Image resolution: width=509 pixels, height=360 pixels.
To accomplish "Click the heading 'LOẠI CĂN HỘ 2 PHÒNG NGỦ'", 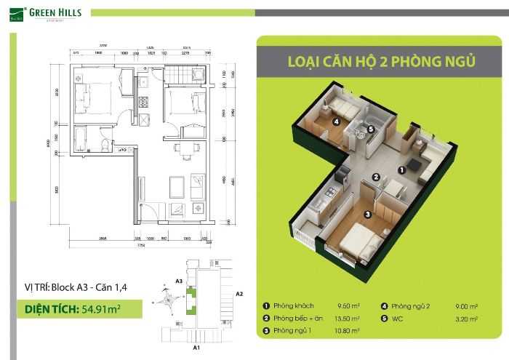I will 371,61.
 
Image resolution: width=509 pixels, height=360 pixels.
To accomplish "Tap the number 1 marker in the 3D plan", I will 401,169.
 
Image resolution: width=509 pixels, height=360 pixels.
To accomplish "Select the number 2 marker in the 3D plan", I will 376,177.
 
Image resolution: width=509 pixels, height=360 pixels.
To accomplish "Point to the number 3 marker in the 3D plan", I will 368,214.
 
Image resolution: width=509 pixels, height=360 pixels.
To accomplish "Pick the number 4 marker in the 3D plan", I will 336,122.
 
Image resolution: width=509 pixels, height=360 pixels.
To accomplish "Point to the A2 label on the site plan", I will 239,293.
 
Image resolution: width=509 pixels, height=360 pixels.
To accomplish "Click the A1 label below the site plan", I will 196,348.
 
